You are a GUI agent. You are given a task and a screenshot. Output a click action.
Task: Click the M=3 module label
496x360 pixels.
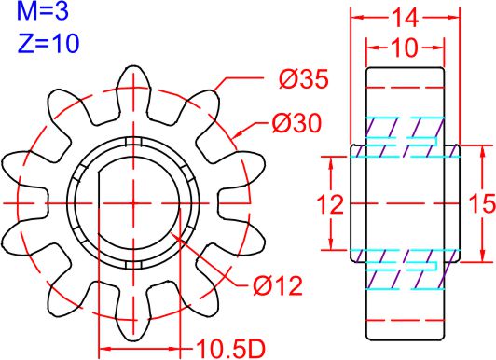pyautogui.click(x=42, y=10)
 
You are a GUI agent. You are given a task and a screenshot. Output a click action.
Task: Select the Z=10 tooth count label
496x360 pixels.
pyautogui.click(x=48, y=43)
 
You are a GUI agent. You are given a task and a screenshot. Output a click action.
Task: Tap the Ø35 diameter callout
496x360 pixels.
pyautogui.click(x=304, y=79)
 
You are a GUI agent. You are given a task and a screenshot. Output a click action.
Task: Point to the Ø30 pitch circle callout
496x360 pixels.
pyautogui.click(x=296, y=123)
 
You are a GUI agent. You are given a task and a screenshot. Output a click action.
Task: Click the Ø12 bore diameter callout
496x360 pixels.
pyautogui.click(x=278, y=286)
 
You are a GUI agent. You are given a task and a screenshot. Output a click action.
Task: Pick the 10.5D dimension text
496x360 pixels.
pyautogui.click(x=230, y=349)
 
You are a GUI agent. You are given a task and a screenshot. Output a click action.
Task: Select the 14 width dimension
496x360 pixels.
pyautogui.click(x=406, y=18)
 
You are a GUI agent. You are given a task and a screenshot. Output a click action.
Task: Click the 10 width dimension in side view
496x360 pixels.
pyautogui.click(x=405, y=48)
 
